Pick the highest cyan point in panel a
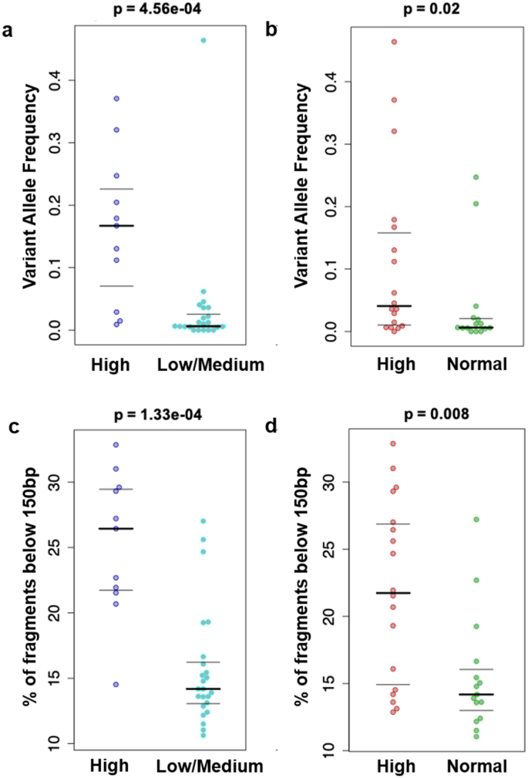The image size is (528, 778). [203, 40]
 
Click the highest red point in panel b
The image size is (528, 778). [394, 42]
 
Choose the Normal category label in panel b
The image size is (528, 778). [476, 365]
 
